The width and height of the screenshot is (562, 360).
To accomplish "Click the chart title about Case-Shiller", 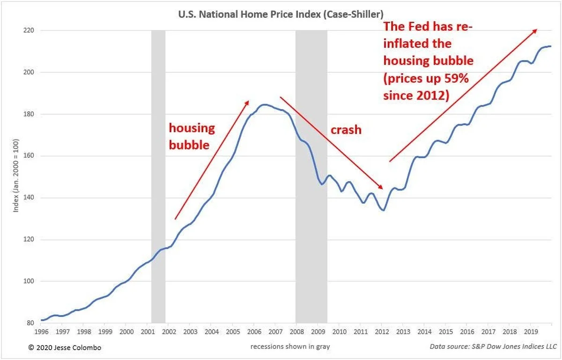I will pos(281,15).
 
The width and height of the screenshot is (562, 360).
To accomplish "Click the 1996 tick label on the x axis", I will pos(41,331).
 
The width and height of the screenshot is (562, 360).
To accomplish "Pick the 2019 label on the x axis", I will pos(530,331).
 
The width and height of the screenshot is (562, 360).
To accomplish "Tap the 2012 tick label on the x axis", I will pos(381,331).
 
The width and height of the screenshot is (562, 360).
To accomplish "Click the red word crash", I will pos(346,130).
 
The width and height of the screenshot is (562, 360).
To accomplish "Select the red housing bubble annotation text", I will pos(191,136).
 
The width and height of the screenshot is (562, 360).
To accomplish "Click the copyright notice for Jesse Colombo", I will pos(64,347).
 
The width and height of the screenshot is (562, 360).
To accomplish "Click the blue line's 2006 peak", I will pos(264,105).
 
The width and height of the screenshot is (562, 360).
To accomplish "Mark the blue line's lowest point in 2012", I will pos(383,210).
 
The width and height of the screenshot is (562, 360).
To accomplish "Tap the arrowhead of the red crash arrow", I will pos(382,187).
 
